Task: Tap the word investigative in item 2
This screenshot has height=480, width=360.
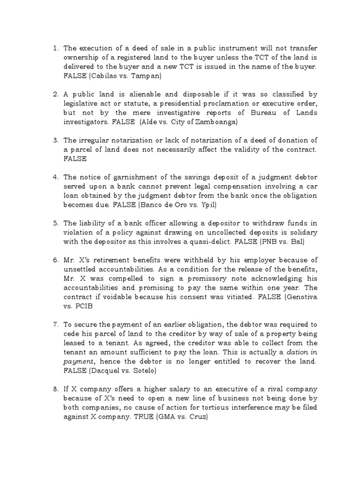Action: coord(158,113)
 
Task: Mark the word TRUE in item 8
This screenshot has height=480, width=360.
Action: coord(134,416)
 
